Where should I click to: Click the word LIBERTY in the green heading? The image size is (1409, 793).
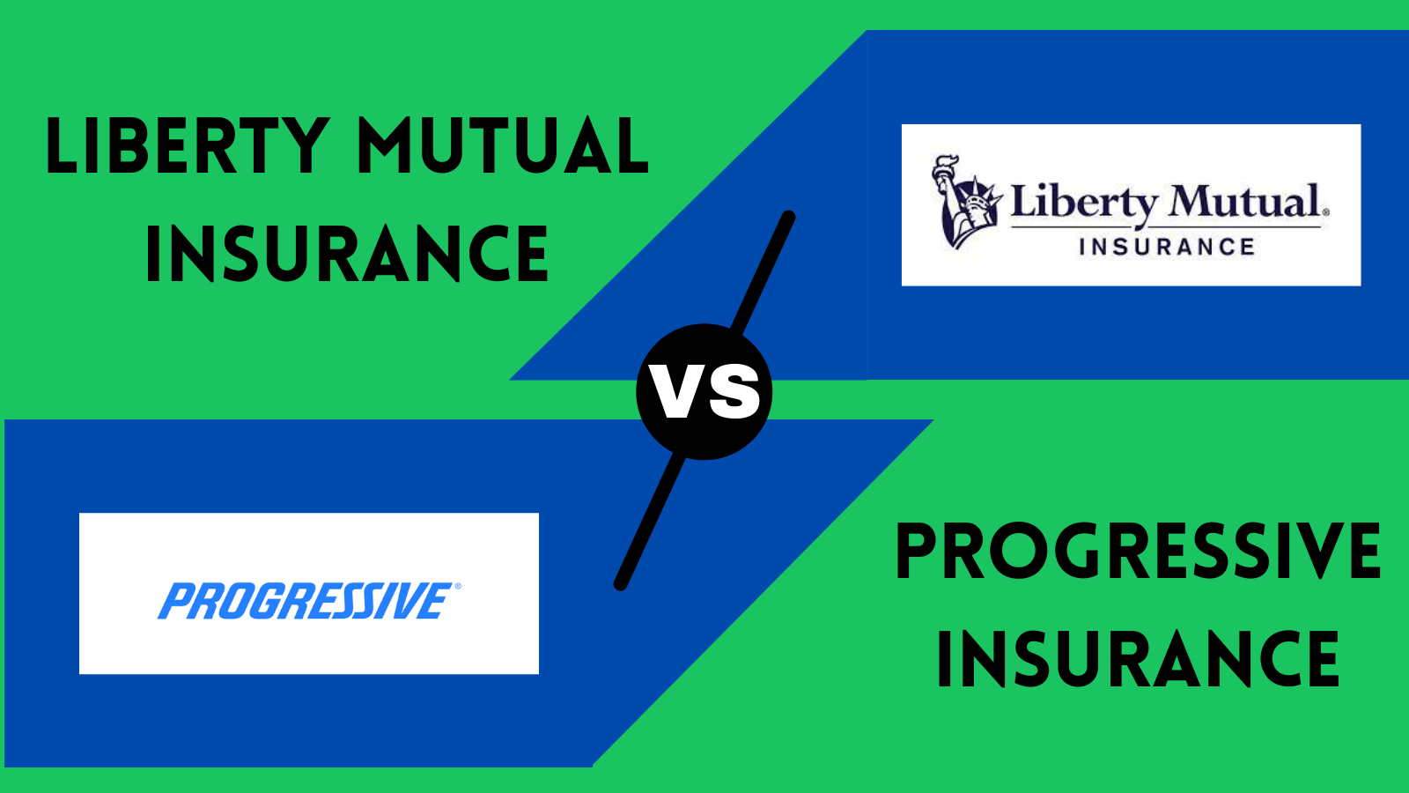click(x=188, y=145)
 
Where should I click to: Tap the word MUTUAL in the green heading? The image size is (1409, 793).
click(x=503, y=145)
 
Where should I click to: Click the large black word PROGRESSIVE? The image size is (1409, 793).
click(x=1137, y=552)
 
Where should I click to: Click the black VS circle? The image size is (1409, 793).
click(x=704, y=391)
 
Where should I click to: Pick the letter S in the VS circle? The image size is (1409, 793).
click(x=733, y=392)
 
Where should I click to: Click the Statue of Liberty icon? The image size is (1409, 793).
click(x=966, y=202)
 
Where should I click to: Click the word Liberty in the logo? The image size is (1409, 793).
click(x=1083, y=203)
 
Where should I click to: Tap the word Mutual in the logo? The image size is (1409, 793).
click(x=1244, y=202)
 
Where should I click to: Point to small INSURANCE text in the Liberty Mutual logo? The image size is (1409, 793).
click(x=1168, y=247)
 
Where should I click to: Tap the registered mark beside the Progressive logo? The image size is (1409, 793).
click(x=457, y=586)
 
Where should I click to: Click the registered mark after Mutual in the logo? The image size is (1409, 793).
click(x=1326, y=212)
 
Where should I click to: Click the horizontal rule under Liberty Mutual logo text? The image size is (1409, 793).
click(x=1166, y=226)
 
